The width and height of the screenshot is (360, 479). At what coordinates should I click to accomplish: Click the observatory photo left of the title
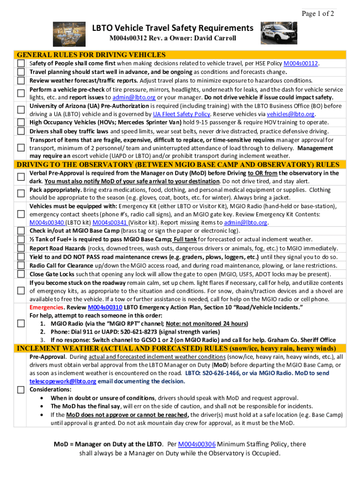72,33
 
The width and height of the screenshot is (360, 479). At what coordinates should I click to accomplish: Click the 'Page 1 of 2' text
318,14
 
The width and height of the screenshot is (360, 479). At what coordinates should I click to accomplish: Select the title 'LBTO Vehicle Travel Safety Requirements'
173,28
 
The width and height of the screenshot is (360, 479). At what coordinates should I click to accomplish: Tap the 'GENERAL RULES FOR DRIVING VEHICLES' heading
91,55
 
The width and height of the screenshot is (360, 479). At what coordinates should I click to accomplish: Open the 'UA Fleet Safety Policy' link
181,114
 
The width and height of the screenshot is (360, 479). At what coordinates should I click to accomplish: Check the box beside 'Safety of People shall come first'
21,64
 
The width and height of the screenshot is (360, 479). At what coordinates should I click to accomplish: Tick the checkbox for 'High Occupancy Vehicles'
21,123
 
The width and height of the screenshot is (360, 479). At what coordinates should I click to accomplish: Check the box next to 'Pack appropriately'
21,193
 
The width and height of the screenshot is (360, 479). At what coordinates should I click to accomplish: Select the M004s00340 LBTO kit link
47,223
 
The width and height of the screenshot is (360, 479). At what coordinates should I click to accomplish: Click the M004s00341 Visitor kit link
110,223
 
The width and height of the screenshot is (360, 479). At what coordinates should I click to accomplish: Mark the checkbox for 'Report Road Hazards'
21,248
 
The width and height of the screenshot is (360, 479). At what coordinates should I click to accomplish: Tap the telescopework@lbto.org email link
63,381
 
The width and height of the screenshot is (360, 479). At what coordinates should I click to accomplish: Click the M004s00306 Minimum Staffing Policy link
196,444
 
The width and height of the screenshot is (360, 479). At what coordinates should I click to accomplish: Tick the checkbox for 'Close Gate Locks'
21,274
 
